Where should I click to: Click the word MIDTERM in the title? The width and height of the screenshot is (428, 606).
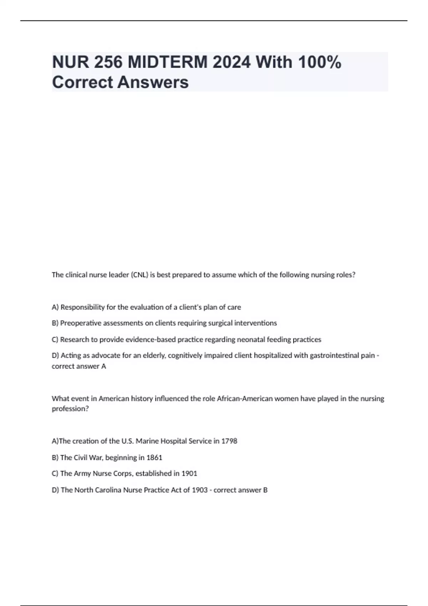point(167,62)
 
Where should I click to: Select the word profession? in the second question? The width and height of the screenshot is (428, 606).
point(70,409)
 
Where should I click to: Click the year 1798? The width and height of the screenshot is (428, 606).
point(229,441)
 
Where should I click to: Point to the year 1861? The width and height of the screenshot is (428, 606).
point(154,458)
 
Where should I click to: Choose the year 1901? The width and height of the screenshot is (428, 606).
point(189,474)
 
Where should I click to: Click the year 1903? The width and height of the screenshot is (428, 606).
point(200,490)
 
